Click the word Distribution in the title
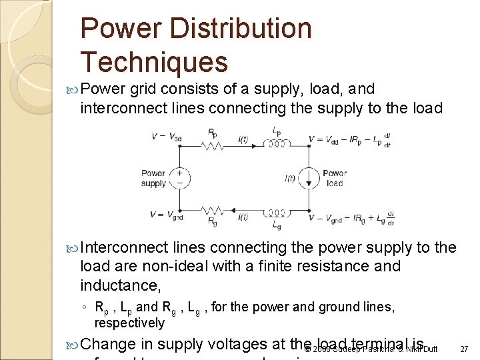(241, 28)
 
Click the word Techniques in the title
(154, 61)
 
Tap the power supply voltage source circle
(180, 178)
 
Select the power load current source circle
(309, 178)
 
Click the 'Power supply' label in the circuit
(153, 178)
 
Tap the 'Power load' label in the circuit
(334, 178)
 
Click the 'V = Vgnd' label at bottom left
(166, 215)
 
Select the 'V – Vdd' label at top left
(167, 138)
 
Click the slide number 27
(464, 349)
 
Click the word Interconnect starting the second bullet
(124, 248)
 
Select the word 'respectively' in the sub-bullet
(129, 323)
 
